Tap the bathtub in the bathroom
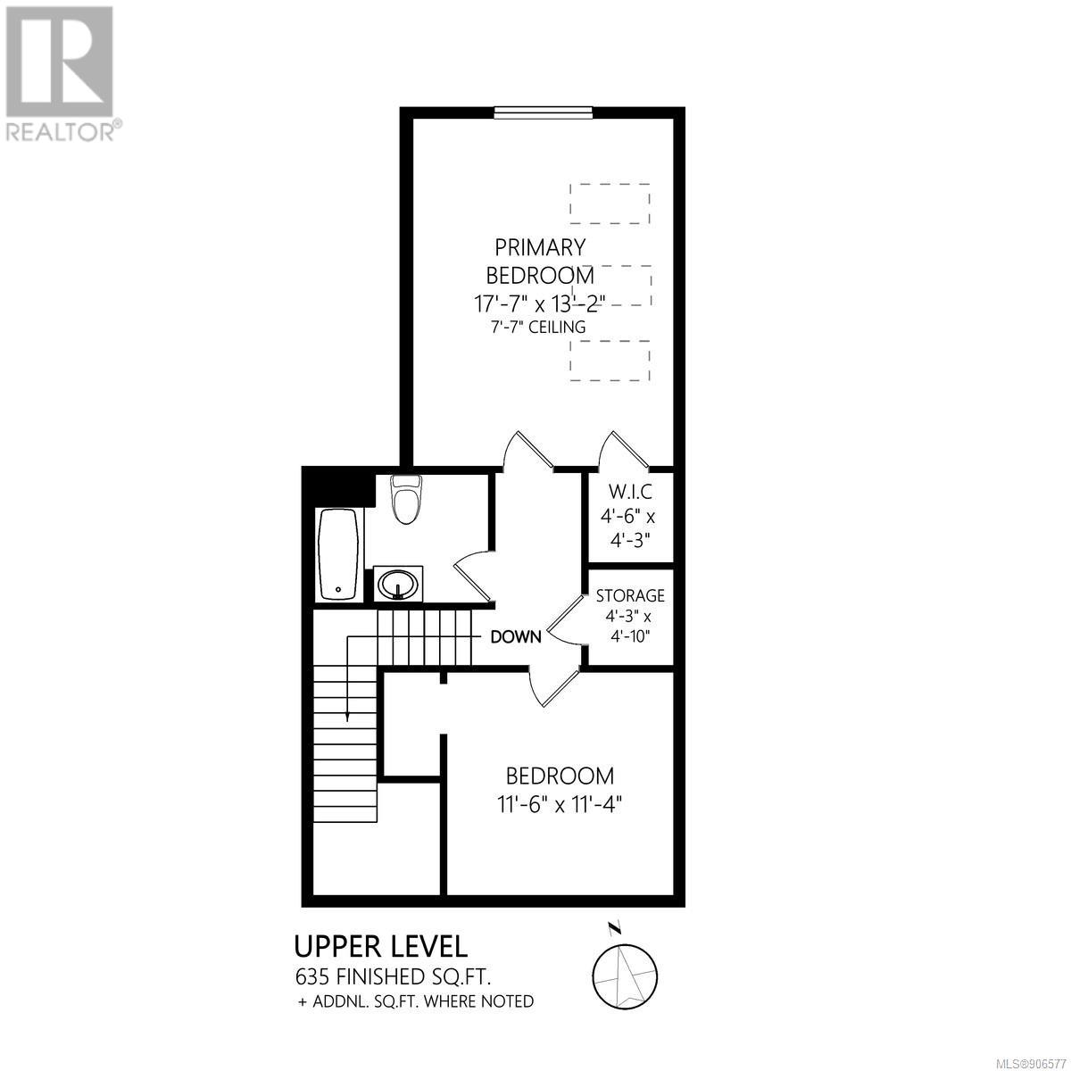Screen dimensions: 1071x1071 [338, 554]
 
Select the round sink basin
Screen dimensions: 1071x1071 [397, 584]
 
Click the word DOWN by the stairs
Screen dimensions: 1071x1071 [516, 637]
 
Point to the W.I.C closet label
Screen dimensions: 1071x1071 [630, 491]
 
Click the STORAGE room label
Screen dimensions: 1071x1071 [630, 596]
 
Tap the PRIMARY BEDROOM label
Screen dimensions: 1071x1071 [540, 261]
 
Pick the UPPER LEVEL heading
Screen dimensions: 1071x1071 [381, 947]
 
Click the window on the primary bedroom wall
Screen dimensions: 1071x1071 [544, 112]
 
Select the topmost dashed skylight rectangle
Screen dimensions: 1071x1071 [610, 203]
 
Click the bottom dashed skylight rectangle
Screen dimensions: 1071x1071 [610, 361]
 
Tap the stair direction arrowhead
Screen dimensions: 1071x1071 [348, 717]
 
